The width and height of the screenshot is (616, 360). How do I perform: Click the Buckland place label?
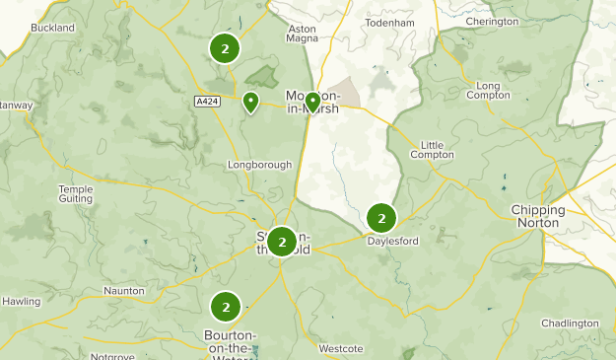(x=52, y=28)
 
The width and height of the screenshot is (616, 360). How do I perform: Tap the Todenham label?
(x=390, y=22)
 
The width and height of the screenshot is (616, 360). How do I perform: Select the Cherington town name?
(x=492, y=22)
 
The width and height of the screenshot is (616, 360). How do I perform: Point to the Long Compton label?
(x=488, y=92)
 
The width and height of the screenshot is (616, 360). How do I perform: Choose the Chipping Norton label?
(x=538, y=216)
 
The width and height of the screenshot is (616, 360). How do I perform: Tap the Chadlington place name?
(x=570, y=323)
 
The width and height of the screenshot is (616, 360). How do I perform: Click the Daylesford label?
(x=390, y=241)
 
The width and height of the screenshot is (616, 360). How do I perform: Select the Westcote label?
(x=342, y=348)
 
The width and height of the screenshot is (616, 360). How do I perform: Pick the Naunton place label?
(x=123, y=291)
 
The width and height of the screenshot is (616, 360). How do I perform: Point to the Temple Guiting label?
(x=75, y=194)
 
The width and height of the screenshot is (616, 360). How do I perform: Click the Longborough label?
(x=259, y=164)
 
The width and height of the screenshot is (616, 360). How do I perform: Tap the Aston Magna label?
(x=302, y=35)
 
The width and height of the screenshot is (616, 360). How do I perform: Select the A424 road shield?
(x=207, y=100)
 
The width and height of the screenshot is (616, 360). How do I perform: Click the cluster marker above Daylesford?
(x=380, y=218)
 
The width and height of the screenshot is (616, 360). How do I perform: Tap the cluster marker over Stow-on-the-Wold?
(x=282, y=241)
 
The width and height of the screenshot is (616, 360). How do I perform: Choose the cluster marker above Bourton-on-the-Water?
(x=226, y=307)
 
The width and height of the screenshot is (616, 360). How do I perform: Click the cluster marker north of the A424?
(x=225, y=47)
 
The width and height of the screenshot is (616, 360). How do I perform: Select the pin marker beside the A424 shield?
(x=251, y=102)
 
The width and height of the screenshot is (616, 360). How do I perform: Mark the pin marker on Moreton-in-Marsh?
(x=312, y=101)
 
